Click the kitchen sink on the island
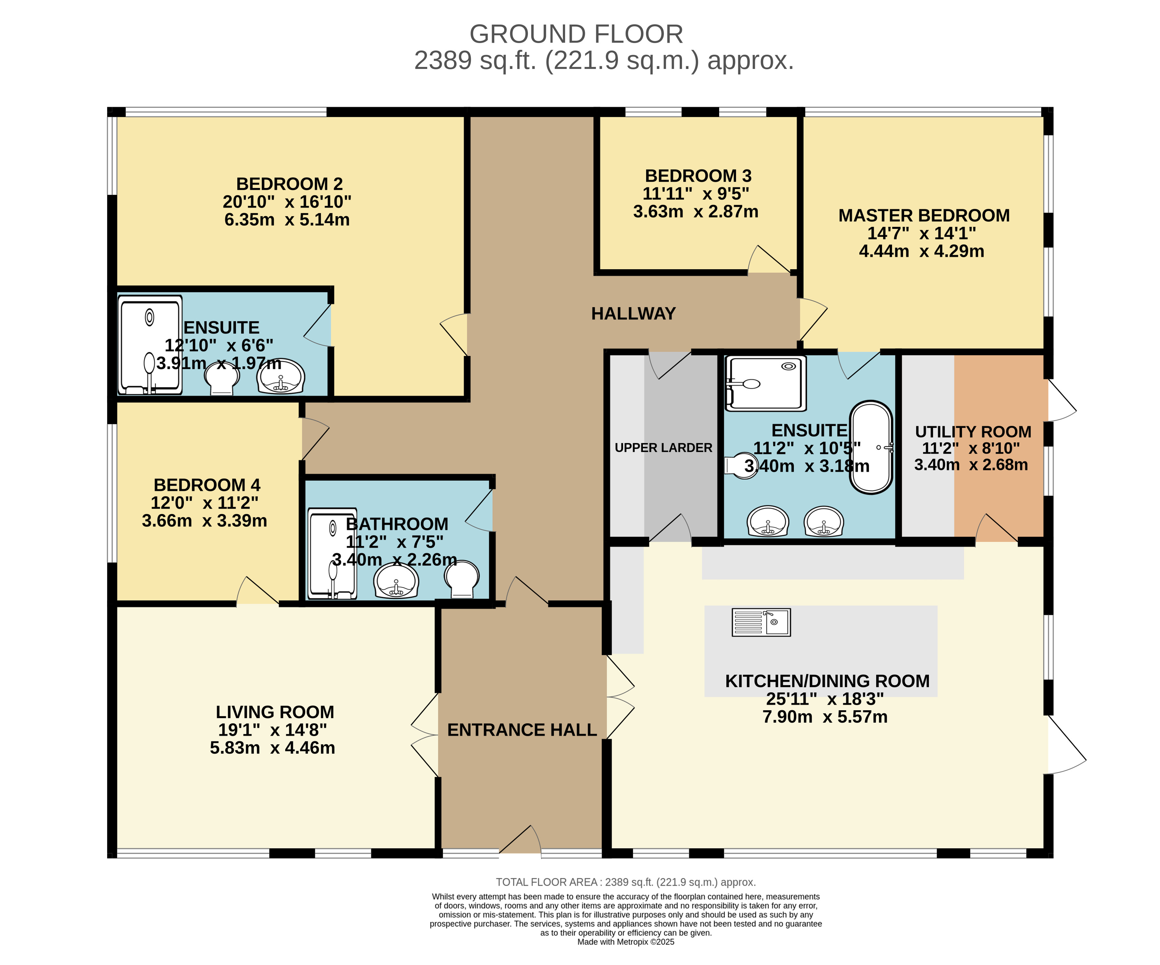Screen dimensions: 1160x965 761,622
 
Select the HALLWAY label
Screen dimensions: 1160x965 634,314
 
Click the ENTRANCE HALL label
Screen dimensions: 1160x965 522,730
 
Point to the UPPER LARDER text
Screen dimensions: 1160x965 664,448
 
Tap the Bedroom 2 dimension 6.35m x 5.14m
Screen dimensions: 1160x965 287,220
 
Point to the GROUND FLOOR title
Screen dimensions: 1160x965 576,34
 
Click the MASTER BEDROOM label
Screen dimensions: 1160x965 924,216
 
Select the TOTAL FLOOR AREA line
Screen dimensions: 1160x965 626,882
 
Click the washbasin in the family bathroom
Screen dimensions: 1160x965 396,581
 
